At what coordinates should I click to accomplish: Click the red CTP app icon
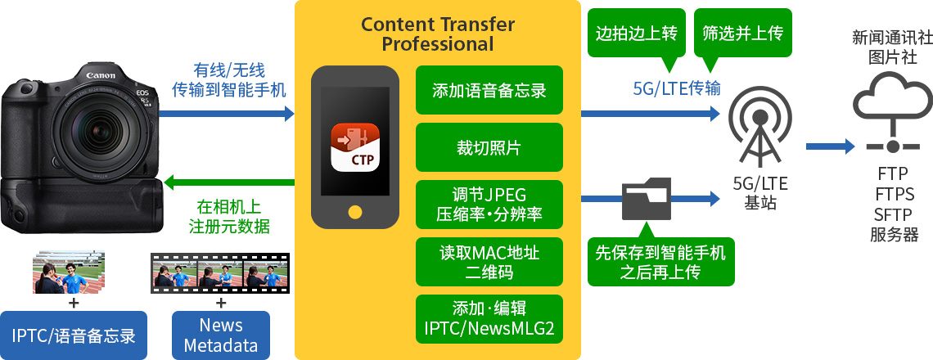pyautogui.click(x=355, y=147)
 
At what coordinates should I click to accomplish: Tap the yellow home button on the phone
pyautogui.click(x=355, y=211)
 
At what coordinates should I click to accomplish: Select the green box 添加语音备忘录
pyautogui.click(x=489, y=91)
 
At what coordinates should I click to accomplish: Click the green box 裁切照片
pyautogui.click(x=489, y=147)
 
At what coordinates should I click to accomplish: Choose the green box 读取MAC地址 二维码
pyautogui.click(x=489, y=262)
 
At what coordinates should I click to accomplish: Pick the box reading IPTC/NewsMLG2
pyautogui.click(x=489, y=319)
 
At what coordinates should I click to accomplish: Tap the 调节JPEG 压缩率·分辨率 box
pyautogui.click(x=489, y=205)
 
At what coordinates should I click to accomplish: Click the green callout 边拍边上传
pyautogui.click(x=636, y=34)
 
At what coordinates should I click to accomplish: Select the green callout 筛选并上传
pyautogui.click(x=742, y=34)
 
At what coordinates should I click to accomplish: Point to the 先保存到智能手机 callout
pyautogui.click(x=661, y=262)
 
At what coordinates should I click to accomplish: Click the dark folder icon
pyautogui.click(x=647, y=198)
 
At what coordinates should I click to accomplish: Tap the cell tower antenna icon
pyautogui.click(x=759, y=126)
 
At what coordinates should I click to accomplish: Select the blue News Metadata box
pyautogui.click(x=221, y=335)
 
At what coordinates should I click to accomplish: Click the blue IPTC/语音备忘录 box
pyautogui.click(x=74, y=335)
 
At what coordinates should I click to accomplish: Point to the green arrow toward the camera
pyautogui.click(x=229, y=182)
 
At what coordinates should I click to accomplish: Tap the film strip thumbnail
pyautogui.click(x=221, y=273)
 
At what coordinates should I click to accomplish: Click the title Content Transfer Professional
pyautogui.click(x=437, y=34)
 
